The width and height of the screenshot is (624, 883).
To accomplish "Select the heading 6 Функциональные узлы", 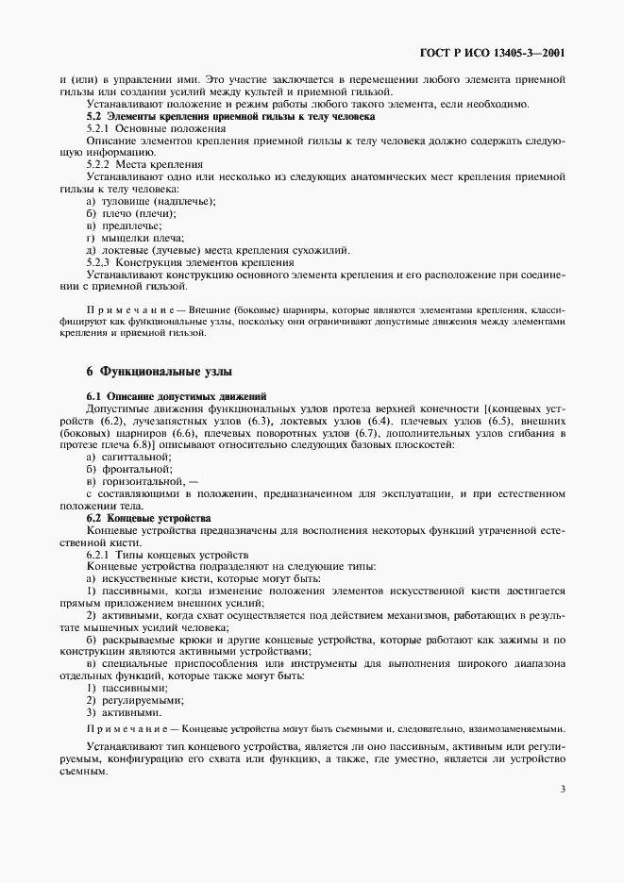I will [x=153, y=371].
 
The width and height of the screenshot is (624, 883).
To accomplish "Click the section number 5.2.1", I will [x=99, y=127].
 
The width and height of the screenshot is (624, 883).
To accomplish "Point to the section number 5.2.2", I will [x=99, y=163].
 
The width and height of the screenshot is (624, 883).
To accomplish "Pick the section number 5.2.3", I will [x=99, y=262].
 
